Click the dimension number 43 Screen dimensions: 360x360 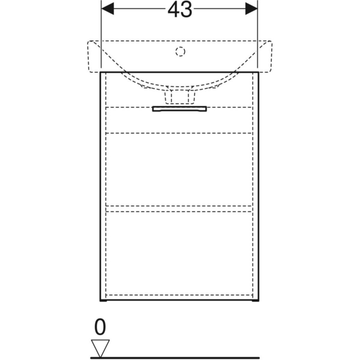pos(180,10)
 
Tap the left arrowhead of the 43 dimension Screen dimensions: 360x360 pos(107,9)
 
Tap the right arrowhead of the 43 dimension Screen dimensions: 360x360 pos(251,9)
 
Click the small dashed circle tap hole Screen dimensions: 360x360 pos(180,52)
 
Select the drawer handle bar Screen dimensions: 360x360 pos(179,109)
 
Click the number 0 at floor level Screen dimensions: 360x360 pos(100,327)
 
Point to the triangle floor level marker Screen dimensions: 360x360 pos(100,348)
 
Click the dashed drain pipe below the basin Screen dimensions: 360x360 pos(180,97)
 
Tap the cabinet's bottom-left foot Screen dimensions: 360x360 pos(103,301)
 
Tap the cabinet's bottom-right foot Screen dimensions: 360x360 pos(256,301)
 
